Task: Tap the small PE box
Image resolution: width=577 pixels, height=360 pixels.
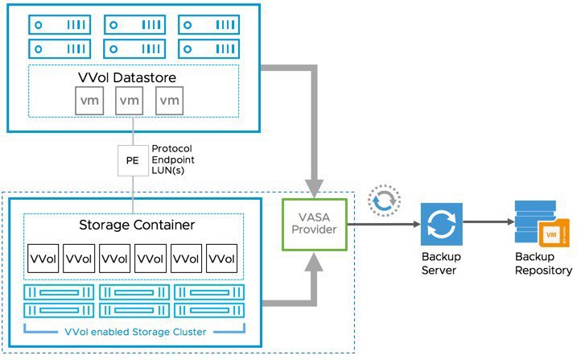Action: pyautogui.click(x=133, y=160)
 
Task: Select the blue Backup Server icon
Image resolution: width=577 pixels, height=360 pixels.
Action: pyautogui.click(x=442, y=224)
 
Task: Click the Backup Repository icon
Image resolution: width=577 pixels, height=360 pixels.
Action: pyautogui.click(x=542, y=224)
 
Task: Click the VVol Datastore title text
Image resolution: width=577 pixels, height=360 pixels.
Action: pyautogui.click(x=127, y=77)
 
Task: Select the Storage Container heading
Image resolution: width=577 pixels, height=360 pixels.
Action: pyautogui.click(x=137, y=225)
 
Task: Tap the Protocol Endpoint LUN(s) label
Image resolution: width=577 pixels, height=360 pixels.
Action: pyautogui.click(x=173, y=159)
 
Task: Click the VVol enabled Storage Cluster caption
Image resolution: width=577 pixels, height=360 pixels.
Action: pyautogui.click(x=135, y=332)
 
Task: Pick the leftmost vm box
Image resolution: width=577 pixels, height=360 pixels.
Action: pyautogui.click(x=89, y=101)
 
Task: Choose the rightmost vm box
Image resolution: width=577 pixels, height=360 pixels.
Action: pyautogui.click(x=170, y=101)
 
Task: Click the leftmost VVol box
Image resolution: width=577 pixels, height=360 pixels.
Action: pyautogui.click(x=43, y=259)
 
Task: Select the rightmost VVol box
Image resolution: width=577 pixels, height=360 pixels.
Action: pyautogui.click(x=221, y=259)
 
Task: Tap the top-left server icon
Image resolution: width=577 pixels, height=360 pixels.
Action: pyautogui.click(x=60, y=25)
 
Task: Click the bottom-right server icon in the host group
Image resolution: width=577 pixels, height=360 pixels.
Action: pyautogui.click(x=209, y=48)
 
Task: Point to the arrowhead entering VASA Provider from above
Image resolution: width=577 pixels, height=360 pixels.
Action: pyautogui.click(x=314, y=188)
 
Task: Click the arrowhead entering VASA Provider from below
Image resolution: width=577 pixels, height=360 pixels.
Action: pyautogui.click(x=314, y=262)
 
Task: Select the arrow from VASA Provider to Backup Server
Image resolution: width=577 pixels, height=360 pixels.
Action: pyautogui.click(x=384, y=224)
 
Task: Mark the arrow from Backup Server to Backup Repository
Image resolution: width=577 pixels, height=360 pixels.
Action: pyautogui.click(x=488, y=221)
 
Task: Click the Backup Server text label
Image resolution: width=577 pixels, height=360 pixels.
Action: pyautogui.click(x=441, y=263)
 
